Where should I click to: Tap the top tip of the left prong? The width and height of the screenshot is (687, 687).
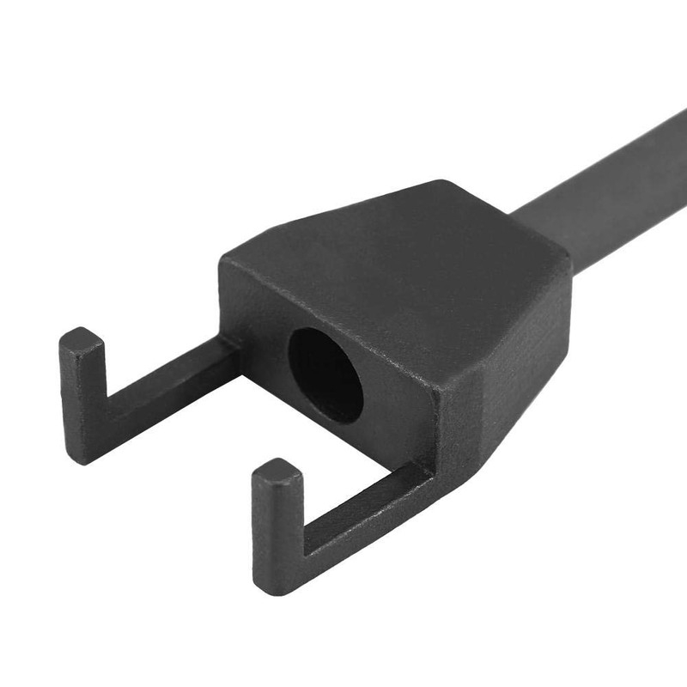[x=82, y=338]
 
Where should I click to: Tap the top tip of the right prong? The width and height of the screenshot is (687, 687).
[x=277, y=471]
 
